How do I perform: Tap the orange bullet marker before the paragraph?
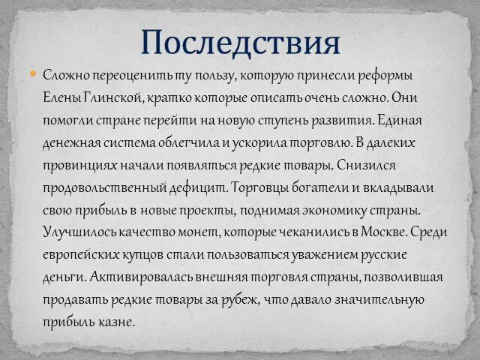pos(33,73)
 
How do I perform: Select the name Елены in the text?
pos(59,97)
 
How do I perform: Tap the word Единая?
pos(400,120)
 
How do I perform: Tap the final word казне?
pos(118,322)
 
